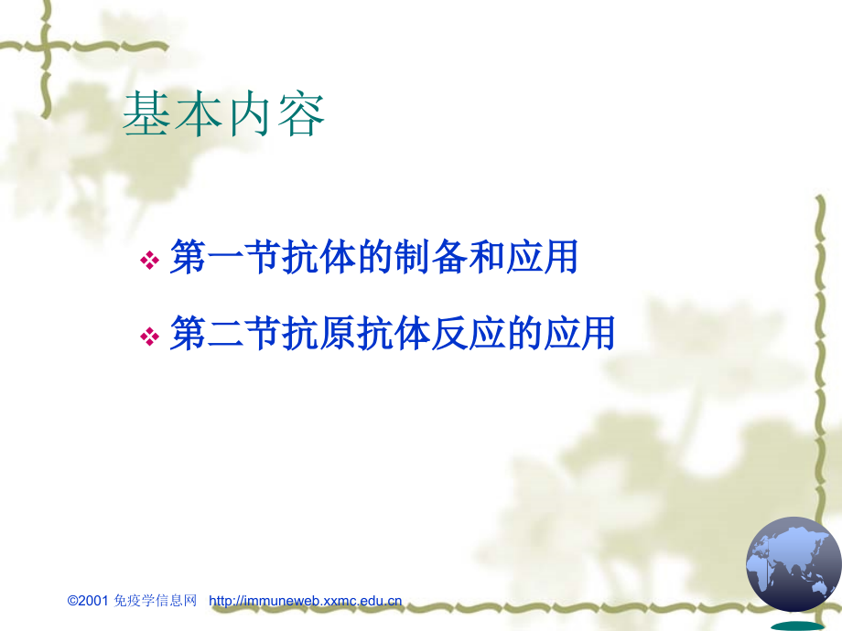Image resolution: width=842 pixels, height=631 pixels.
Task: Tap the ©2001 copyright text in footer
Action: [x=88, y=601]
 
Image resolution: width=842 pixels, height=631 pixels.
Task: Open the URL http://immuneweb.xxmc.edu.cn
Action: [x=306, y=601]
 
